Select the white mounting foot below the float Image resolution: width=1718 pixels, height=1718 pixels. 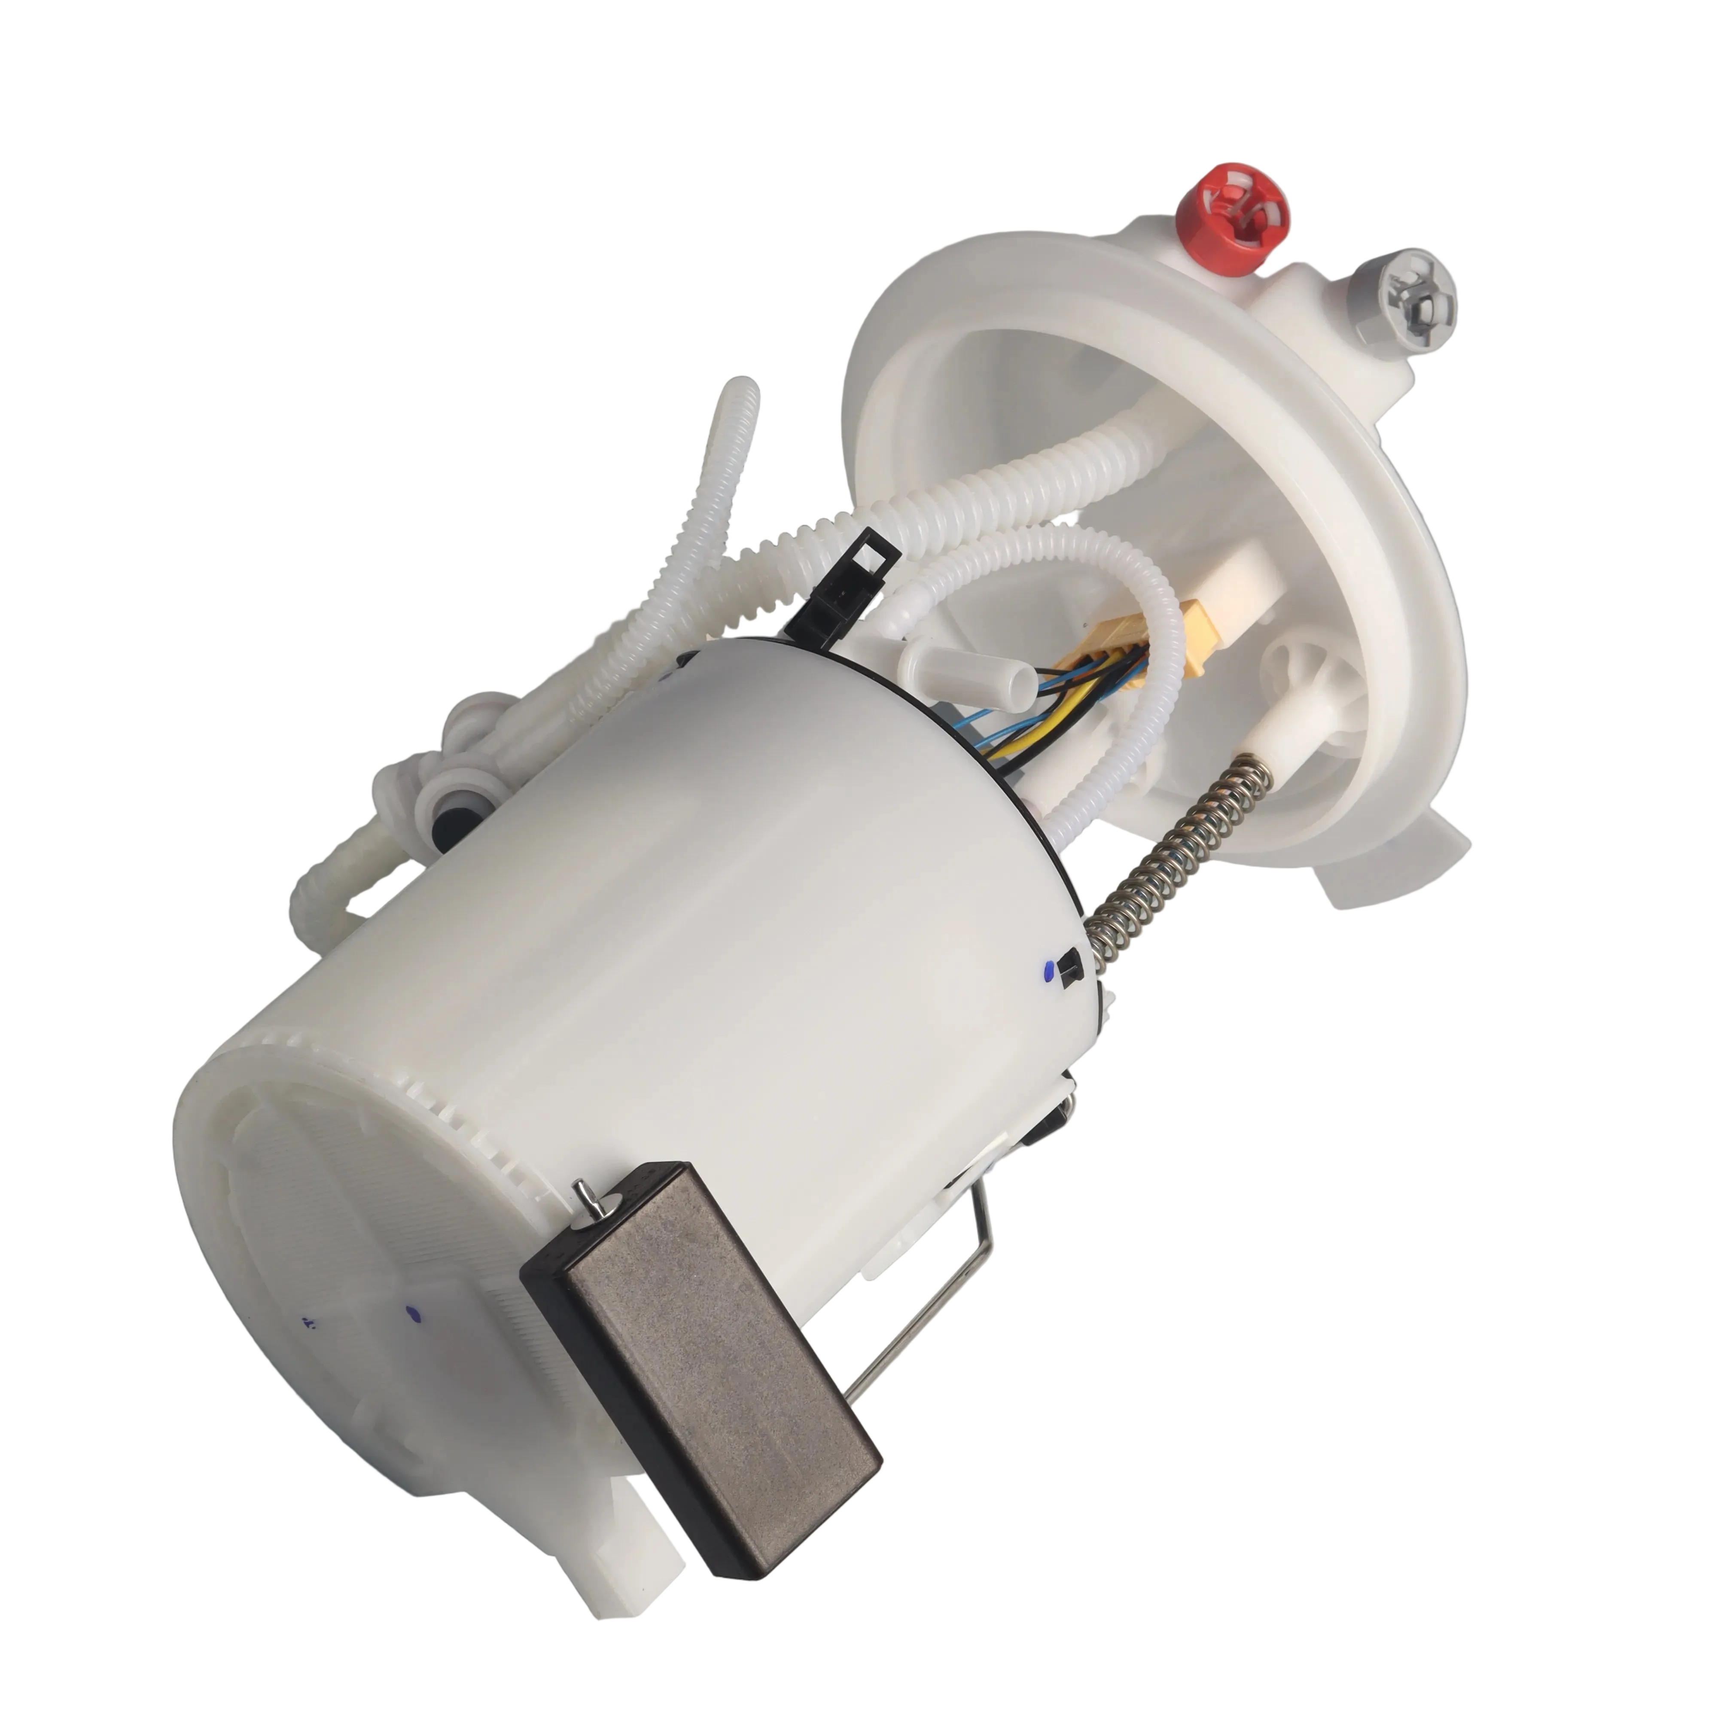point(636,1543)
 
